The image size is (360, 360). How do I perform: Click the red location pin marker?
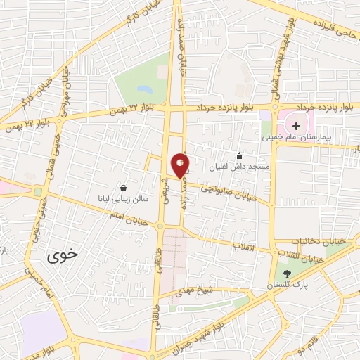coord(180,165)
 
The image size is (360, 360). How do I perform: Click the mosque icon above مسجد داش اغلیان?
coord(239,156)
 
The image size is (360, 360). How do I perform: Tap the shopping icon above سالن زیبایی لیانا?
coord(124,188)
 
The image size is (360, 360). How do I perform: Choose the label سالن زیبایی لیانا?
coord(123,200)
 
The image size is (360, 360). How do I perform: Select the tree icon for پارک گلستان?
coord(285,273)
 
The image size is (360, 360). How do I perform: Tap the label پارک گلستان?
coord(285,285)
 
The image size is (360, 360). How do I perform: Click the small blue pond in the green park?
coord(145,90)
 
